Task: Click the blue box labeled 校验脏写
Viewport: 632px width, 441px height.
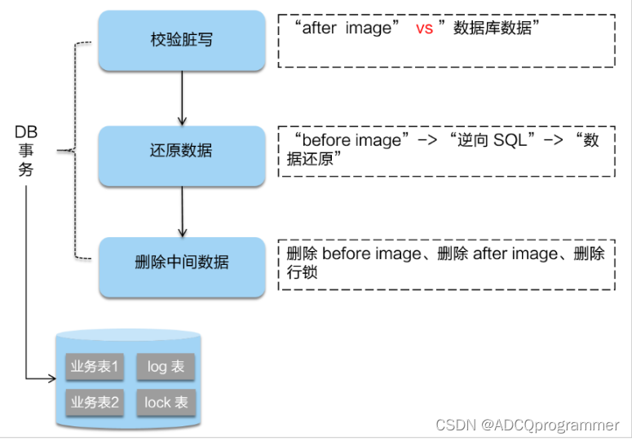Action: click(x=181, y=40)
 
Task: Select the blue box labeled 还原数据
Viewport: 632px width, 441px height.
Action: click(x=181, y=152)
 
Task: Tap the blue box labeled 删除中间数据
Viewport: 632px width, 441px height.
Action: click(x=181, y=262)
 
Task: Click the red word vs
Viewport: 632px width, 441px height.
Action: click(x=424, y=29)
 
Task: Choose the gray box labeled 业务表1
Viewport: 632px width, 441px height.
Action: click(x=95, y=367)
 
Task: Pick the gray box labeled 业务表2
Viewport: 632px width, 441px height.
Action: click(x=95, y=402)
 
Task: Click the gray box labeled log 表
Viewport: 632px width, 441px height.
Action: click(x=166, y=367)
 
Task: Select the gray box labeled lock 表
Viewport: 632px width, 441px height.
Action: click(x=166, y=402)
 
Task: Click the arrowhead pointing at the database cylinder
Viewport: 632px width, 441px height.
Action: click(x=50, y=378)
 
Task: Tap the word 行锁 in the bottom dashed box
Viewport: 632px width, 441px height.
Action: click(x=302, y=272)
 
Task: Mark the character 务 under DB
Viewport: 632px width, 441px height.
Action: click(x=26, y=170)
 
